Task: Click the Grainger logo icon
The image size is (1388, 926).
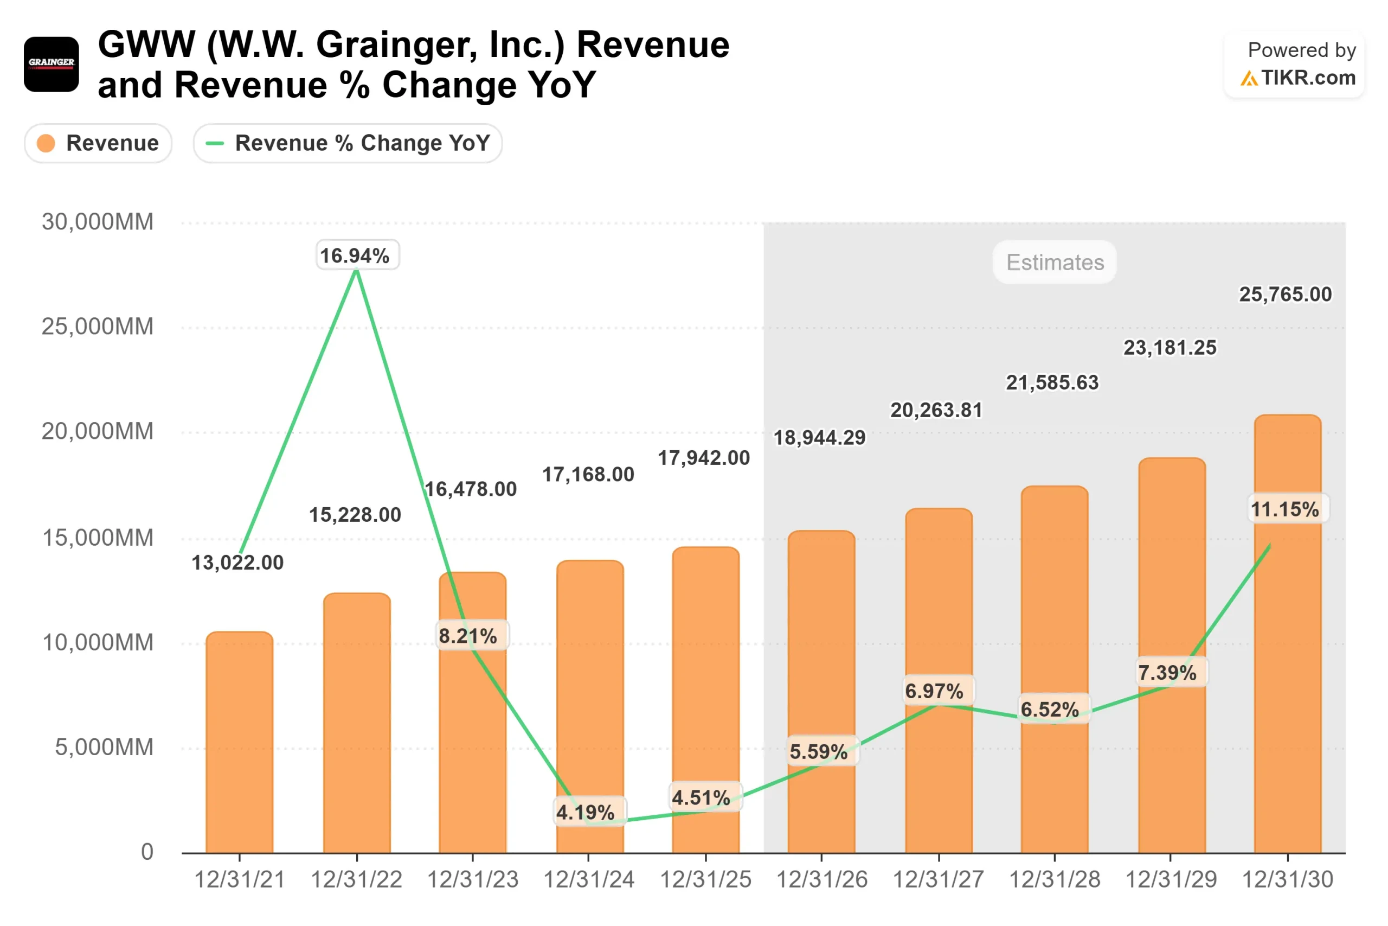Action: click(x=52, y=64)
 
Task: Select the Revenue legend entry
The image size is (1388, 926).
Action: click(x=98, y=143)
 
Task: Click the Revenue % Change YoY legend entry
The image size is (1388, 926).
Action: click(x=348, y=143)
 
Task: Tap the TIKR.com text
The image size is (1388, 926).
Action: click(x=1308, y=78)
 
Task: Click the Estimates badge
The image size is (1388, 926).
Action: click(x=1055, y=262)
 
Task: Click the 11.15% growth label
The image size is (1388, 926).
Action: click(x=1288, y=508)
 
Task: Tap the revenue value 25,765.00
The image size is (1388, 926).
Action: click(x=1285, y=294)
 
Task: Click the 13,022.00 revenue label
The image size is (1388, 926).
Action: click(x=237, y=562)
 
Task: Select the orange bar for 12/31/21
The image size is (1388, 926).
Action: click(x=239, y=744)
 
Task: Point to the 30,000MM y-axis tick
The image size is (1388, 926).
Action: click(x=98, y=222)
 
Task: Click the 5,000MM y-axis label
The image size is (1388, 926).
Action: click(x=104, y=747)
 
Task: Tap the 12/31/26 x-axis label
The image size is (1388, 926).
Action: click(x=821, y=879)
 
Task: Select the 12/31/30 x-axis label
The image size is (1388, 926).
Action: click(x=1287, y=879)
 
